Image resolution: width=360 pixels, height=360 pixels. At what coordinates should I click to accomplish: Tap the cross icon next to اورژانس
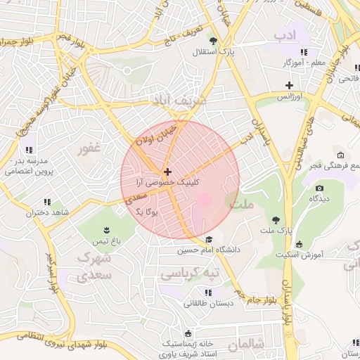pyautogui.click(x=288, y=86)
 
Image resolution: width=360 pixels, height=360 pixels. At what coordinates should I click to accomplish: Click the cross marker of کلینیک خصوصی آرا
pyautogui.click(x=167, y=172)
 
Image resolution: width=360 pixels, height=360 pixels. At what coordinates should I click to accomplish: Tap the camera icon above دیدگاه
pyautogui.click(x=319, y=188)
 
